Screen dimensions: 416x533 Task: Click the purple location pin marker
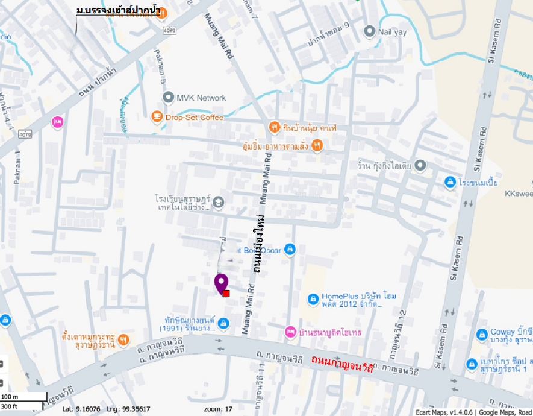(x=221, y=282)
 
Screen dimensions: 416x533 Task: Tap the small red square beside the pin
(x=226, y=293)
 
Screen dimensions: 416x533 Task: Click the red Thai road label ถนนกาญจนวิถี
(x=341, y=363)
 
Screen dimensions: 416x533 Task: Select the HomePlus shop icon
(x=313, y=298)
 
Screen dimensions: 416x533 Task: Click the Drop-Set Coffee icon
(x=157, y=117)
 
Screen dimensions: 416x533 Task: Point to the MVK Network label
(x=201, y=98)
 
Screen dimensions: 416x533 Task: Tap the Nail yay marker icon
(x=369, y=31)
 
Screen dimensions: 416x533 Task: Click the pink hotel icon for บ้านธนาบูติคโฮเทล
(x=290, y=332)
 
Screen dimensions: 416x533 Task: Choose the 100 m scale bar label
(x=10, y=397)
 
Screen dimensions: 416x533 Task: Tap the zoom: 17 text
(x=218, y=409)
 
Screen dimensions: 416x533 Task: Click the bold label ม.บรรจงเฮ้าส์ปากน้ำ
(x=118, y=11)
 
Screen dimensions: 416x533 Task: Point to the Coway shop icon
(x=481, y=334)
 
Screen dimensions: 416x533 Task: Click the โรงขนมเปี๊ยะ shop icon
(x=449, y=181)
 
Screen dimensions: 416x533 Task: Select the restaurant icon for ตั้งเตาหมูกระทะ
(x=123, y=339)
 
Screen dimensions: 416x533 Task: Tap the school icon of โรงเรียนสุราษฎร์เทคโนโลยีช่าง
(x=218, y=202)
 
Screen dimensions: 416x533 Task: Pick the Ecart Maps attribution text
(x=473, y=412)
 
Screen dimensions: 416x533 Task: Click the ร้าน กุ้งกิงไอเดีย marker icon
(x=420, y=165)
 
